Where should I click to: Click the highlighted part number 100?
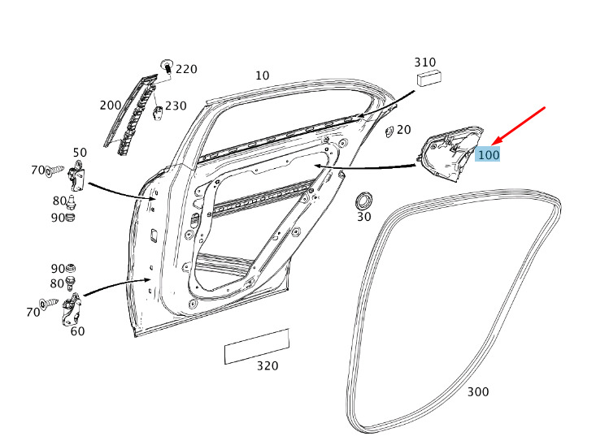coord(488,155)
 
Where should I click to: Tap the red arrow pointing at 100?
coord(519,127)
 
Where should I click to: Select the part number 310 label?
coord(425,62)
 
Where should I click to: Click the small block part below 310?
coord(428,77)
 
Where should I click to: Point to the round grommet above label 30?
coord(364,201)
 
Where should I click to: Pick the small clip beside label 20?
coord(389,132)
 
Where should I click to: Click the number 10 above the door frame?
coord(262,76)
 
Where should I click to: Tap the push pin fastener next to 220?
coord(167,67)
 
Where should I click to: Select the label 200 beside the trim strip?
coord(111,105)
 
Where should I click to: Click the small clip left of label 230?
coord(157,114)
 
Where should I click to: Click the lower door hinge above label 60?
coord(71,309)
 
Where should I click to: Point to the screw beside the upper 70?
coord(54,171)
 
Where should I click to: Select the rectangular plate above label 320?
coord(257,347)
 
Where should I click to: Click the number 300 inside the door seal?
coord(478,392)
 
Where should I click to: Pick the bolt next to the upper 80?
coord(71,202)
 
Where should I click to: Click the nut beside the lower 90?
coord(70,268)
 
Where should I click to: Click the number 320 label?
coord(268,366)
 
